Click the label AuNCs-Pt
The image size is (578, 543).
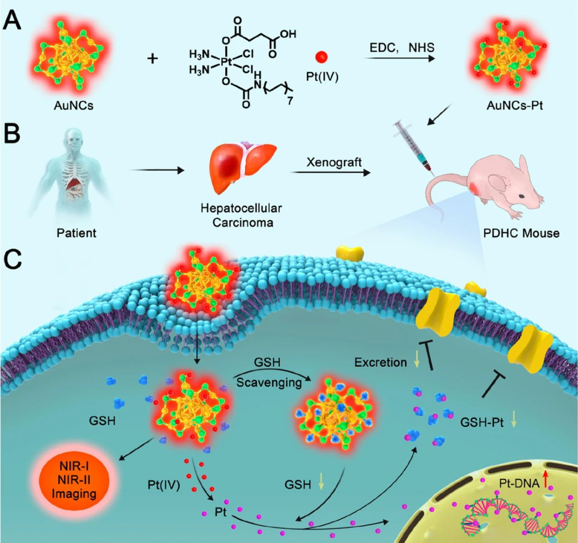(515, 106)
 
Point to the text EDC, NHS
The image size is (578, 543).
(402, 48)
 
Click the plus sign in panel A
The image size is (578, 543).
(152, 58)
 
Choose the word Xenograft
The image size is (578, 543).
(334, 162)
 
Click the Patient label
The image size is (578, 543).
(77, 233)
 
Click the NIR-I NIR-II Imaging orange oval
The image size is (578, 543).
(74, 480)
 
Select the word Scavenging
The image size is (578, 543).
(269, 382)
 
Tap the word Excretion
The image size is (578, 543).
(381, 363)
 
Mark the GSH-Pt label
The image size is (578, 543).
(482, 423)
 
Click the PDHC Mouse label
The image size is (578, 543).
(521, 233)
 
